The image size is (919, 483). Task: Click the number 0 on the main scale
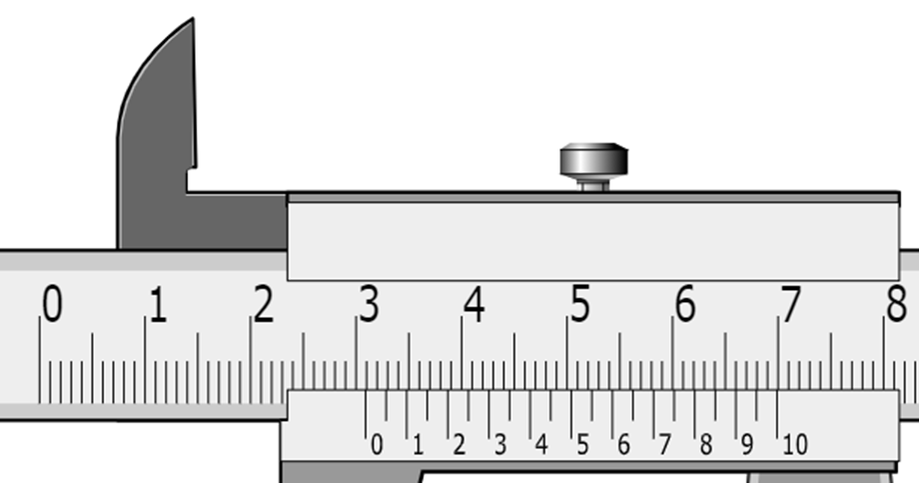click(52, 303)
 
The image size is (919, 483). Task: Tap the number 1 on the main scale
click(158, 304)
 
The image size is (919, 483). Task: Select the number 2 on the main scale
click(264, 303)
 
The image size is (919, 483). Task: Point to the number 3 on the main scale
click(370, 303)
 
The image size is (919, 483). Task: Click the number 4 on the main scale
click(474, 303)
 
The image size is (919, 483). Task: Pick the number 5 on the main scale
click(580, 303)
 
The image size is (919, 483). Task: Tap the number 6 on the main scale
click(685, 303)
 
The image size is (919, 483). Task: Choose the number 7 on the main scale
click(791, 303)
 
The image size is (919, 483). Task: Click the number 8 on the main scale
click(897, 303)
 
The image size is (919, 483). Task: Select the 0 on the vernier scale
click(377, 445)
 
